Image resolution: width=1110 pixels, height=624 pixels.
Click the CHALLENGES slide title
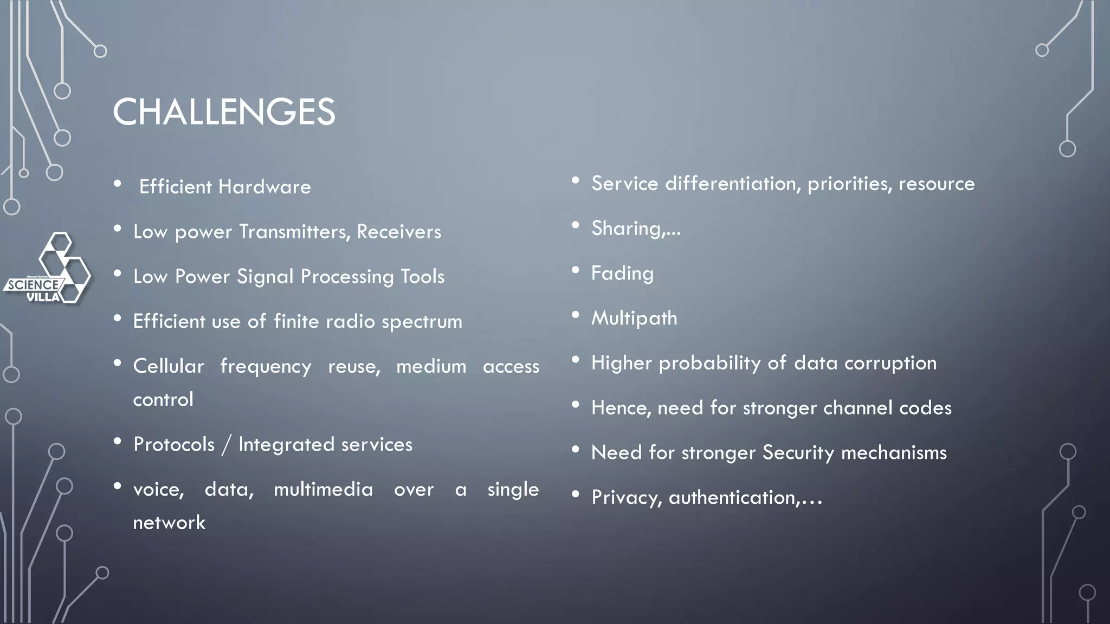(224, 112)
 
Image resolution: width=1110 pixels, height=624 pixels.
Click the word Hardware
(264, 187)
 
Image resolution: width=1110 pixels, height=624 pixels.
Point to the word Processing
(347, 277)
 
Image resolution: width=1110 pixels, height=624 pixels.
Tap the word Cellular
(169, 366)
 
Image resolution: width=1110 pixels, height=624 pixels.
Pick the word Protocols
(174, 445)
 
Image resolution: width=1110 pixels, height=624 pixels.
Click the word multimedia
(323, 489)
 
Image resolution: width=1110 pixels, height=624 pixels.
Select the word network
(169, 523)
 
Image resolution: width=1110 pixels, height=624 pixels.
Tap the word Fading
(622, 274)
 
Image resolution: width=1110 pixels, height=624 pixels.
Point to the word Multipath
(634, 318)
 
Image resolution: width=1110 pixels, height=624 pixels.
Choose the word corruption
(890, 363)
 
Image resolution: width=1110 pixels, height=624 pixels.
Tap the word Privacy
(627, 498)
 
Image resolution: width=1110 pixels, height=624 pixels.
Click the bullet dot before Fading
(576, 270)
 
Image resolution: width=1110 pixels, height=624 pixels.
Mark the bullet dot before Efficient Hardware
(118, 184)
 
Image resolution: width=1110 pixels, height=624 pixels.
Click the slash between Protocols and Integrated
(227, 445)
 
